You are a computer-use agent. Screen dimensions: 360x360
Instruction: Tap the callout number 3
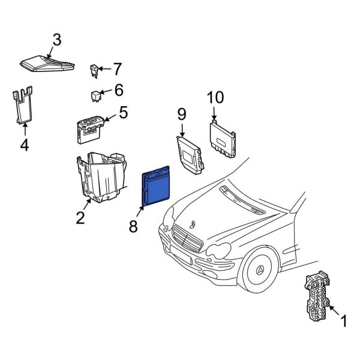pos(56,40)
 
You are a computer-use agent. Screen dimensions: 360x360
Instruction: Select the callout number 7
pos(117,68)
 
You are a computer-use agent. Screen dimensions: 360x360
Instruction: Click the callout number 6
pos(118,91)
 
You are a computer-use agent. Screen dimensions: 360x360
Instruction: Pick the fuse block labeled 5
pos(90,128)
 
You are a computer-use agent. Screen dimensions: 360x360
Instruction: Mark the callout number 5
pos(123,112)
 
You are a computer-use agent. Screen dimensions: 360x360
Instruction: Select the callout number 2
pos(80,218)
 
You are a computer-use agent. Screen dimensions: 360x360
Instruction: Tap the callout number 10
pos(214,98)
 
